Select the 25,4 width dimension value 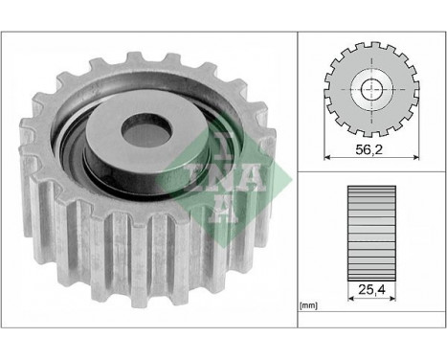368,283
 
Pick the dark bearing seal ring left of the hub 73,153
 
